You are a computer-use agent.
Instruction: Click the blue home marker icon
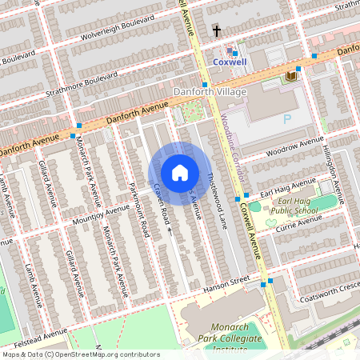180,172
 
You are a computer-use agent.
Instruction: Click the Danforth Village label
210,92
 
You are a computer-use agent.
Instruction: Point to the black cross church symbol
216,31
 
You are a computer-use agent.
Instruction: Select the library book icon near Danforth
291,75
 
